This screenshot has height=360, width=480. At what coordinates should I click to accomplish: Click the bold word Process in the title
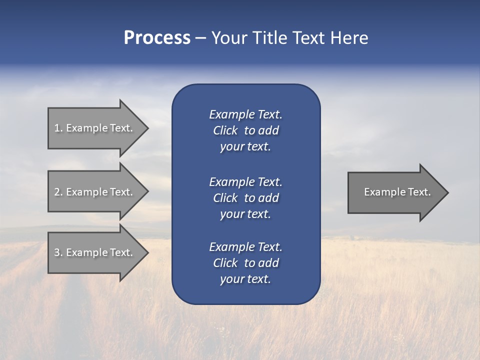(x=157, y=38)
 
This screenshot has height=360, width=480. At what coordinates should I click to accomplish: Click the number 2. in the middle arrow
(x=58, y=192)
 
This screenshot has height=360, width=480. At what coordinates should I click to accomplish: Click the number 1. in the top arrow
(x=58, y=128)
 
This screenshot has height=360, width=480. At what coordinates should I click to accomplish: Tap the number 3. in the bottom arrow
(x=58, y=252)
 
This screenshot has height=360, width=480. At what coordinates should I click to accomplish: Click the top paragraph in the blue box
(x=245, y=130)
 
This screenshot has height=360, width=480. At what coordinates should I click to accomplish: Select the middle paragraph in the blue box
(x=245, y=198)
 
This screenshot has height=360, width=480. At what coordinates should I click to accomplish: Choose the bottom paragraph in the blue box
(x=245, y=263)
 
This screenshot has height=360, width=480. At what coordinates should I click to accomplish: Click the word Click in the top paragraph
(x=225, y=130)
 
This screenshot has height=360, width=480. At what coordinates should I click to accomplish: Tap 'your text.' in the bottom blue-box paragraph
(x=245, y=279)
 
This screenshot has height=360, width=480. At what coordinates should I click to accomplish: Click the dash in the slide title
(x=200, y=38)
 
